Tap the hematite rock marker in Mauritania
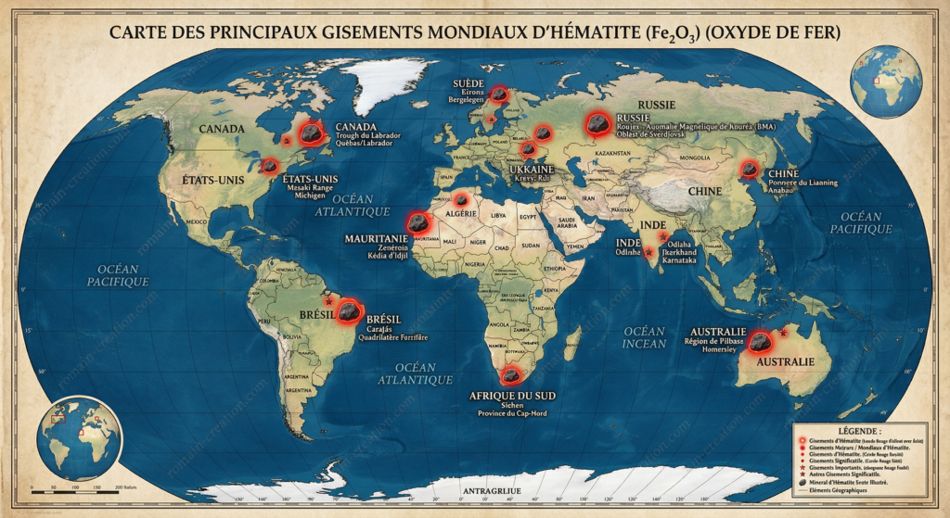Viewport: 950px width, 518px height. tap(418, 222)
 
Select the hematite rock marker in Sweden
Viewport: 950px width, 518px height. tap(499, 94)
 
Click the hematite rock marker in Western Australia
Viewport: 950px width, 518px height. tap(761, 342)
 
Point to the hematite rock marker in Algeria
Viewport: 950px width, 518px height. tap(461, 199)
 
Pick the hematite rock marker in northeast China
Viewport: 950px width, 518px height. tap(749, 170)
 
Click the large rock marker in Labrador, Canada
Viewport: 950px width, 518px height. tap(314, 135)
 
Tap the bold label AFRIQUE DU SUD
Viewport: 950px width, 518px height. tap(510, 397)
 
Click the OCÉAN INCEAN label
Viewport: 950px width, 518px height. tap(645, 337)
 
